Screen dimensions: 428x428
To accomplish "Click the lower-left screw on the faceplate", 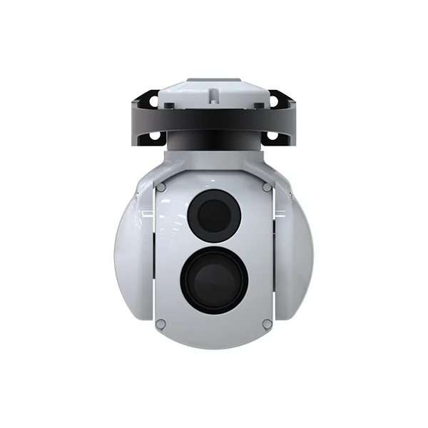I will click(161, 323).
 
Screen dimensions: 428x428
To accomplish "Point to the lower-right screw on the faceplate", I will click(267, 323).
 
